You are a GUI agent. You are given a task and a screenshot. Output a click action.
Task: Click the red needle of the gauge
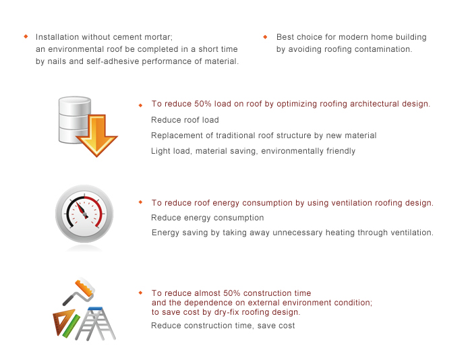82,209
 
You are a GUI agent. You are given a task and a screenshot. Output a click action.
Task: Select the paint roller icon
79,291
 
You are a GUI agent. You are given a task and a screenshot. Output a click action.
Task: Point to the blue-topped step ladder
95,324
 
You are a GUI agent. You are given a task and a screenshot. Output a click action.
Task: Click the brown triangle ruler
62,322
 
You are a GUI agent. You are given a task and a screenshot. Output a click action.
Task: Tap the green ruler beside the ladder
71,326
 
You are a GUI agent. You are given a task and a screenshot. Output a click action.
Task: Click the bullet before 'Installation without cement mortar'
26,36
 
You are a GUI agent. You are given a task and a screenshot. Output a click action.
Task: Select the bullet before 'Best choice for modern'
265,36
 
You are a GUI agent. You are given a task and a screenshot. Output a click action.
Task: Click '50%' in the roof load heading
202,104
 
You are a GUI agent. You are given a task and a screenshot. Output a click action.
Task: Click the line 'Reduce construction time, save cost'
223,326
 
